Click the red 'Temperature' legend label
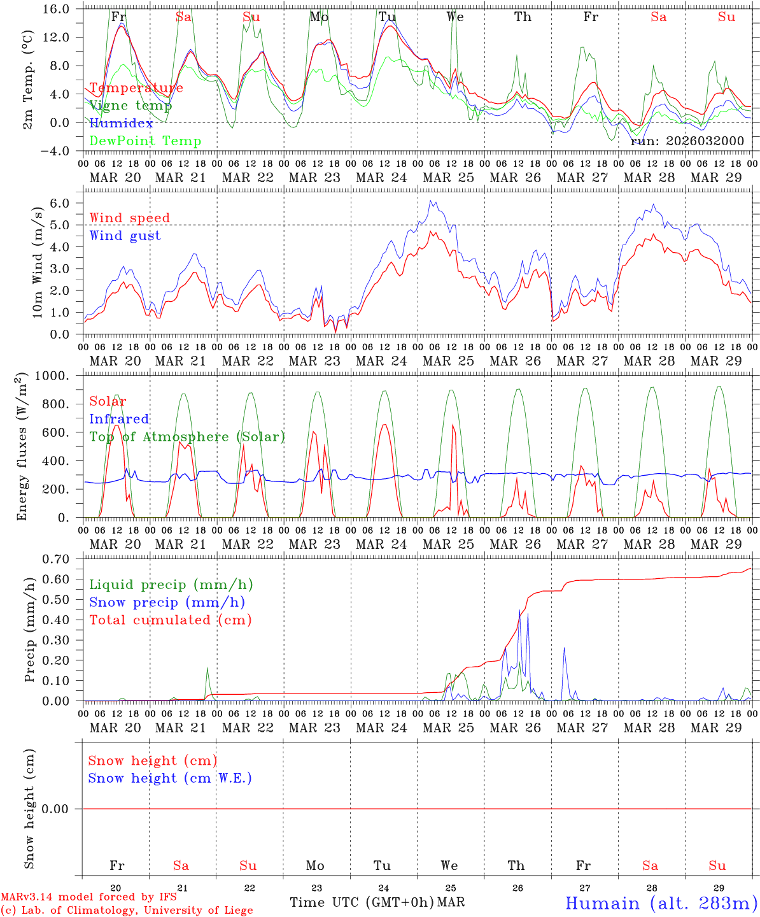click(136, 88)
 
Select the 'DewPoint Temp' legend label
click(145, 141)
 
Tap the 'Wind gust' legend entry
click(125, 236)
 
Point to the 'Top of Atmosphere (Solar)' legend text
click(187, 437)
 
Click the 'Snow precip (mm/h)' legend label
click(167, 602)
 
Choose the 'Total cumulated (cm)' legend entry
click(170, 620)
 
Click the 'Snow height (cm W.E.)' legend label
click(170, 778)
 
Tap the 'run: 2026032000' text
click(687, 141)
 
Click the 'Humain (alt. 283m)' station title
click(661, 904)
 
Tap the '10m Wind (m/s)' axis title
click(37, 262)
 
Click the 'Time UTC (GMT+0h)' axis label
click(362, 903)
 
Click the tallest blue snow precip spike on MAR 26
click(519, 611)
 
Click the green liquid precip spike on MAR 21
click(207, 669)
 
